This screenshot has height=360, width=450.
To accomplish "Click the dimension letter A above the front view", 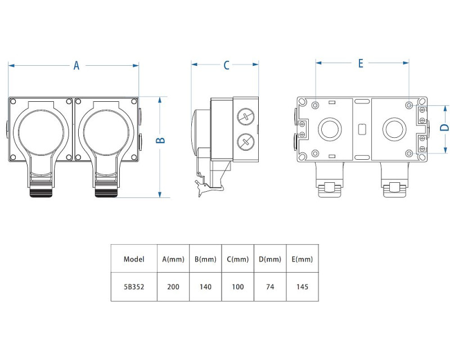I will [x=76, y=66].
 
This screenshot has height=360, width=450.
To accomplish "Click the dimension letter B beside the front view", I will [x=160, y=140].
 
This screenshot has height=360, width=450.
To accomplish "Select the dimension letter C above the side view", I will [x=226, y=65].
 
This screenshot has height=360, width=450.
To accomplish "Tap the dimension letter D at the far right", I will [x=444, y=127].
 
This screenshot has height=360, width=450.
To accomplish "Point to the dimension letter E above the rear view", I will [x=361, y=63].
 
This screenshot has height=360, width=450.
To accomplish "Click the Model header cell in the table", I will [x=134, y=259].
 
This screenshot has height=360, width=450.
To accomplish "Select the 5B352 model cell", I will [x=134, y=286].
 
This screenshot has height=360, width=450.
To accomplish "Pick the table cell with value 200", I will [x=173, y=286].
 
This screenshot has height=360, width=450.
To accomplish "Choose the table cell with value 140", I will [x=205, y=286].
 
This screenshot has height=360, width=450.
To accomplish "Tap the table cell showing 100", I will [x=237, y=286].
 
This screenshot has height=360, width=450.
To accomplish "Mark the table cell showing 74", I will [x=270, y=286].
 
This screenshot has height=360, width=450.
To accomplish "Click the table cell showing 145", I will [x=302, y=286].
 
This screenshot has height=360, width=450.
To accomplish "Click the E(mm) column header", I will [x=302, y=259].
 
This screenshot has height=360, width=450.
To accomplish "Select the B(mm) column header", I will [x=205, y=259].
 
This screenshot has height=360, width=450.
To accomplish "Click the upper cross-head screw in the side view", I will [x=245, y=118].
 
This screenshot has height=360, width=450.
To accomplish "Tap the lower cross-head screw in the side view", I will [x=245, y=141].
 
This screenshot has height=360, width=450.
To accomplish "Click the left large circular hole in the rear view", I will [x=330, y=129].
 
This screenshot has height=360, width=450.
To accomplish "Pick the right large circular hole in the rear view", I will [x=394, y=129].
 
